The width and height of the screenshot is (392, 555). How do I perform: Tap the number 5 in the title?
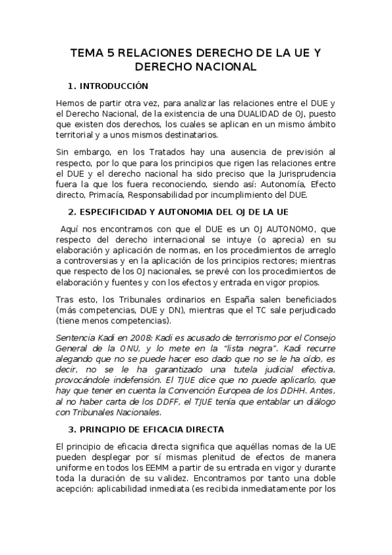(112, 53)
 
